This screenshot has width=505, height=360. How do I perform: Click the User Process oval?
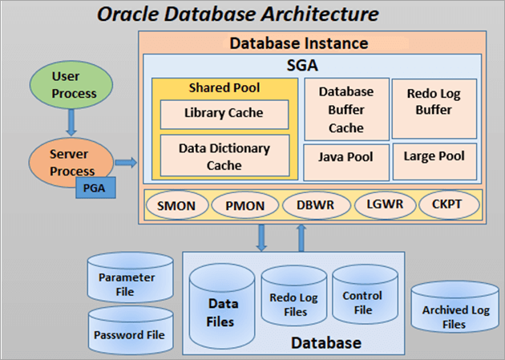(x=75, y=84)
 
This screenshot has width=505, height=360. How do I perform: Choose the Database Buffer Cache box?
(x=346, y=109)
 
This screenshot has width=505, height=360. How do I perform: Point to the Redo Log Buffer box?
(x=434, y=103)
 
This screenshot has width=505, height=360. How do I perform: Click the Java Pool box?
(x=346, y=156)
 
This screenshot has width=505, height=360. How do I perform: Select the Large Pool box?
(x=434, y=156)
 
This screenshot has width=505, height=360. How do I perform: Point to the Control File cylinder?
(x=362, y=301)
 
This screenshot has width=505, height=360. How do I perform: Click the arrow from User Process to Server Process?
(x=72, y=122)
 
